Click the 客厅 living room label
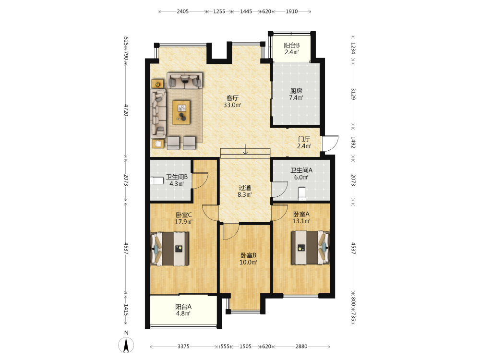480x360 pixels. point(232,98)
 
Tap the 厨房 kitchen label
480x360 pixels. point(296,91)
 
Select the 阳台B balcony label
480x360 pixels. point(292,45)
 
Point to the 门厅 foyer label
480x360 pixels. point(304,139)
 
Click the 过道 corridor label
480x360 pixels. point(245,187)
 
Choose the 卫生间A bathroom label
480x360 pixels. point(301,170)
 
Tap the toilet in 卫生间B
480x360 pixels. point(157,181)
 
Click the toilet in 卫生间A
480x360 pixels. point(302,193)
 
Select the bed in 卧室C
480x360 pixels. point(169,249)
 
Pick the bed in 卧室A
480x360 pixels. point(311,247)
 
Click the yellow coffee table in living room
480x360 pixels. point(181,112)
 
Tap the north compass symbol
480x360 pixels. point(126,345)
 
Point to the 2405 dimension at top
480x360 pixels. point(183,12)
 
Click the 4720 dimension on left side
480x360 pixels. point(126,110)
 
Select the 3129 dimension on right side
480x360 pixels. point(353,94)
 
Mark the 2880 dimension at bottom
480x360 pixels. point(301,347)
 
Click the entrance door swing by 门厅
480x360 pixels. point(330,143)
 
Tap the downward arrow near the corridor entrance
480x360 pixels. point(245,149)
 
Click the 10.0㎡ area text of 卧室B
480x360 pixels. point(248,263)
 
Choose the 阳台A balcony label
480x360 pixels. point(183,307)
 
